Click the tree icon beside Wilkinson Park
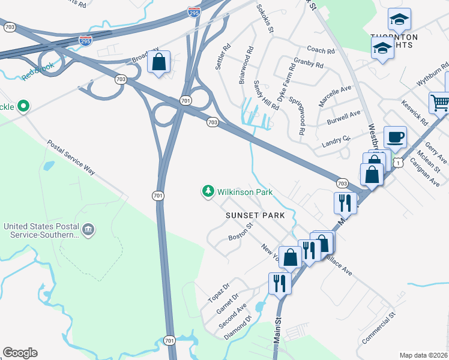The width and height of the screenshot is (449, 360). click(x=208, y=191)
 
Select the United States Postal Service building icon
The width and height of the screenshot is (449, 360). click(x=88, y=229)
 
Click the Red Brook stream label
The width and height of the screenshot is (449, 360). click(x=37, y=70)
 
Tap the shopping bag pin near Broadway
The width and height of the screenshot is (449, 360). click(x=158, y=62)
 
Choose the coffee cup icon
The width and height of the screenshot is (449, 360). click(x=395, y=137)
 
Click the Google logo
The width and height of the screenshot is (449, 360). click(x=20, y=353)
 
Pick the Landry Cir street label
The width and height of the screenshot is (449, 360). click(x=336, y=140)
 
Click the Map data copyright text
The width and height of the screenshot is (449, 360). click(x=423, y=355)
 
